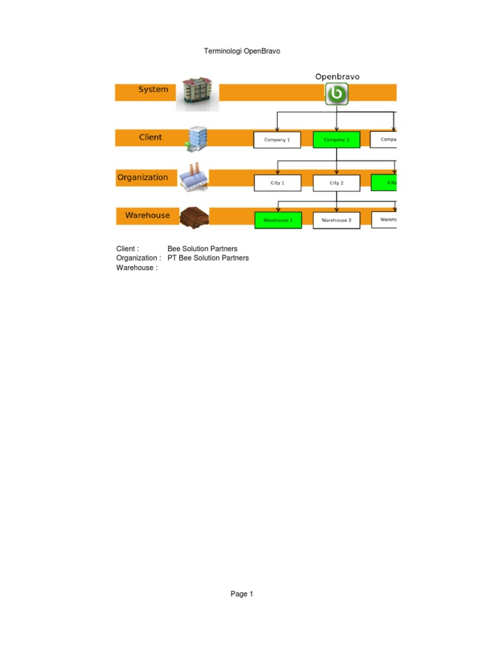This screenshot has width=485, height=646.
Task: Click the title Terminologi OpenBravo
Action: click(242, 51)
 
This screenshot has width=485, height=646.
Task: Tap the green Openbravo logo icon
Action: click(337, 94)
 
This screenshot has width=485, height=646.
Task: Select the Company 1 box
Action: click(277, 139)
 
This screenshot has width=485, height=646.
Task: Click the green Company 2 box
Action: click(336, 139)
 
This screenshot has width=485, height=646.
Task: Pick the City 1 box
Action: click(277, 183)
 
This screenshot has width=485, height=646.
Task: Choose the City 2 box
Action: click(336, 183)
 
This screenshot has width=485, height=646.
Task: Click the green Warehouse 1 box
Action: click(278, 220)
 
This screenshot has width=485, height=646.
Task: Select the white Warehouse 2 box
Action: click(336, 220)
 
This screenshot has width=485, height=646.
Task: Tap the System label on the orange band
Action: click(153, 90)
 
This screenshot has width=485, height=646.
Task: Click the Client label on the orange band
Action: click(150, 137)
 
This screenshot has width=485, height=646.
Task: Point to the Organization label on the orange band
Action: click(143, 177)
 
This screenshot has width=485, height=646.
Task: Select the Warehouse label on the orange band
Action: click(147, 215)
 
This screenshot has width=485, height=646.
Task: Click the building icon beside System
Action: click(197, 93)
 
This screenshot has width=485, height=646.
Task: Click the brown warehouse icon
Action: click(194, 217)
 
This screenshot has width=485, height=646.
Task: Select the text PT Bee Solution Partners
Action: click(208, 258)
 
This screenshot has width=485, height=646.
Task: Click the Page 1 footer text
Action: click(242, 594)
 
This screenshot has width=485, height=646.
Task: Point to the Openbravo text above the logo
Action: click(337, 76)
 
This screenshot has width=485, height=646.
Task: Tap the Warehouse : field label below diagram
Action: click(136, 267)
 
